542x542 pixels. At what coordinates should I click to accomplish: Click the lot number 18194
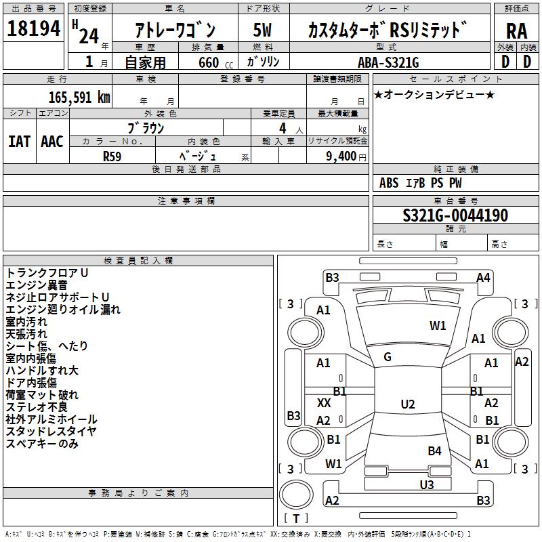coord(33,29)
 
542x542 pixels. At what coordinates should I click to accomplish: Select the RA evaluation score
coord(516,30)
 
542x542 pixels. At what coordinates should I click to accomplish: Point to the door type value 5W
coord(263,30)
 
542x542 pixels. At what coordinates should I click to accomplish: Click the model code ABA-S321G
coord(388,62)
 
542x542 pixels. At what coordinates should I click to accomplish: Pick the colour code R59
coord(112,156)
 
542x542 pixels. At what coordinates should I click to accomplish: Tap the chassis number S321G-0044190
coord(455,215)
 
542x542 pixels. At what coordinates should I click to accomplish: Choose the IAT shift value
coord(19,141)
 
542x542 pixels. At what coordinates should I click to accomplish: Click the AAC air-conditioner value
coord(52,141)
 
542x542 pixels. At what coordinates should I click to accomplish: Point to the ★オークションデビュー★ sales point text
coord(434,94)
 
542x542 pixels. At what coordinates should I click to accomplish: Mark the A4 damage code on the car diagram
coord(483,277)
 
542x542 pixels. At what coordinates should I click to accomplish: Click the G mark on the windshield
coord(388,356)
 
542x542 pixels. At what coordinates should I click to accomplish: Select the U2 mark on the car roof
coord(407,404)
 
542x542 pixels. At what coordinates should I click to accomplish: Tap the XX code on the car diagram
coord(324,402)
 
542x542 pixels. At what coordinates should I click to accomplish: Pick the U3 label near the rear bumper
coord(426,484)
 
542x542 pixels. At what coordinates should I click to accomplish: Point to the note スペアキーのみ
coord(42,444)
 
